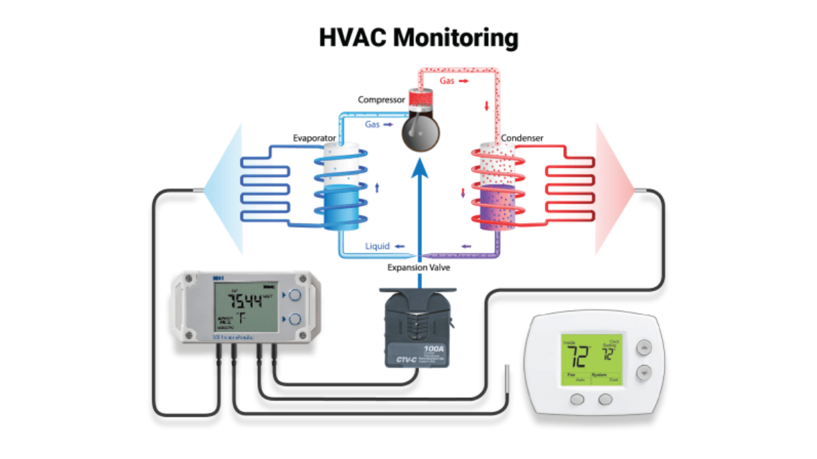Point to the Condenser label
click(x=522, y=138)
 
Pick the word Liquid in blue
click(x=377, y=246)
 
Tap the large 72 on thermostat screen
click(x=577, y=354)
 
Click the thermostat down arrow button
click(x=643, y=373)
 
